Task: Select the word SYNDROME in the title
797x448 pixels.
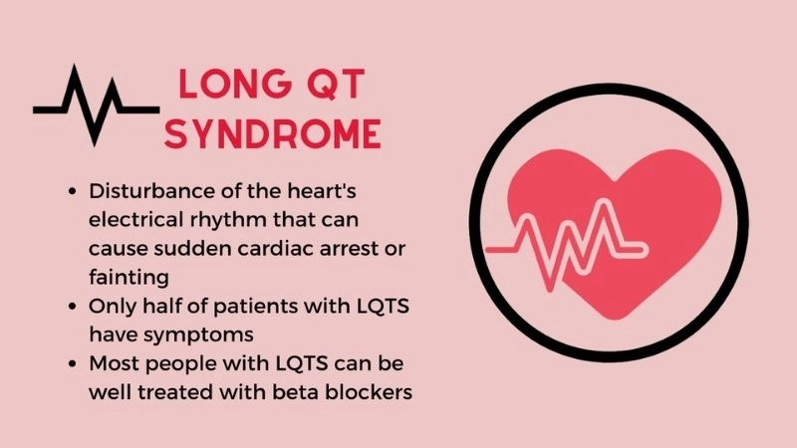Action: (272, 132)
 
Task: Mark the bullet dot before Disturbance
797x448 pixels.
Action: (74, 191)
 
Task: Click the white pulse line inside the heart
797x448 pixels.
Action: (588, 243)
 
